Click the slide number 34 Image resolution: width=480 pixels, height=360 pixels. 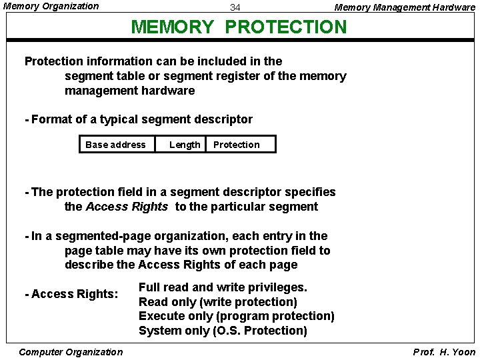point(235,8)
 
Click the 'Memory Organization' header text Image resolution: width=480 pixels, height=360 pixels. point(51,7)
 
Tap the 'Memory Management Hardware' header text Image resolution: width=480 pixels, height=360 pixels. point(404,8)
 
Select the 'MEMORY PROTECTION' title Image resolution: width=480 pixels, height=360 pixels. point(239,27)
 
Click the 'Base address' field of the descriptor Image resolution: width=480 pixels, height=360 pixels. point(115,145)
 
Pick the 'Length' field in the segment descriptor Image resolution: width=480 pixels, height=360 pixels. point(185,145)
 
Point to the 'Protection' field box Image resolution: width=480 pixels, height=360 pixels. point(237,145)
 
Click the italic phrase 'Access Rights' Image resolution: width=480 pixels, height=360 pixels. point(127,207)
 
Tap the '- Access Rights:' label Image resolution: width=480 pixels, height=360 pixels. point(71,294)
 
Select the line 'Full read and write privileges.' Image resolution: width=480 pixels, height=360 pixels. point(223,287)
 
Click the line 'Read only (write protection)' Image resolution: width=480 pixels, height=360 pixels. point(217,302)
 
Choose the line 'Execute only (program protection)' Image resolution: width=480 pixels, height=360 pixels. point(236,316)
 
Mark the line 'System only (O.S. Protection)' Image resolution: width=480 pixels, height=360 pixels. point(223,331)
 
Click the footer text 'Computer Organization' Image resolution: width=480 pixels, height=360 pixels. point(71,352)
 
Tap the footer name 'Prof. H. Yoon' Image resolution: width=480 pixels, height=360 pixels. point(444,352)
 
